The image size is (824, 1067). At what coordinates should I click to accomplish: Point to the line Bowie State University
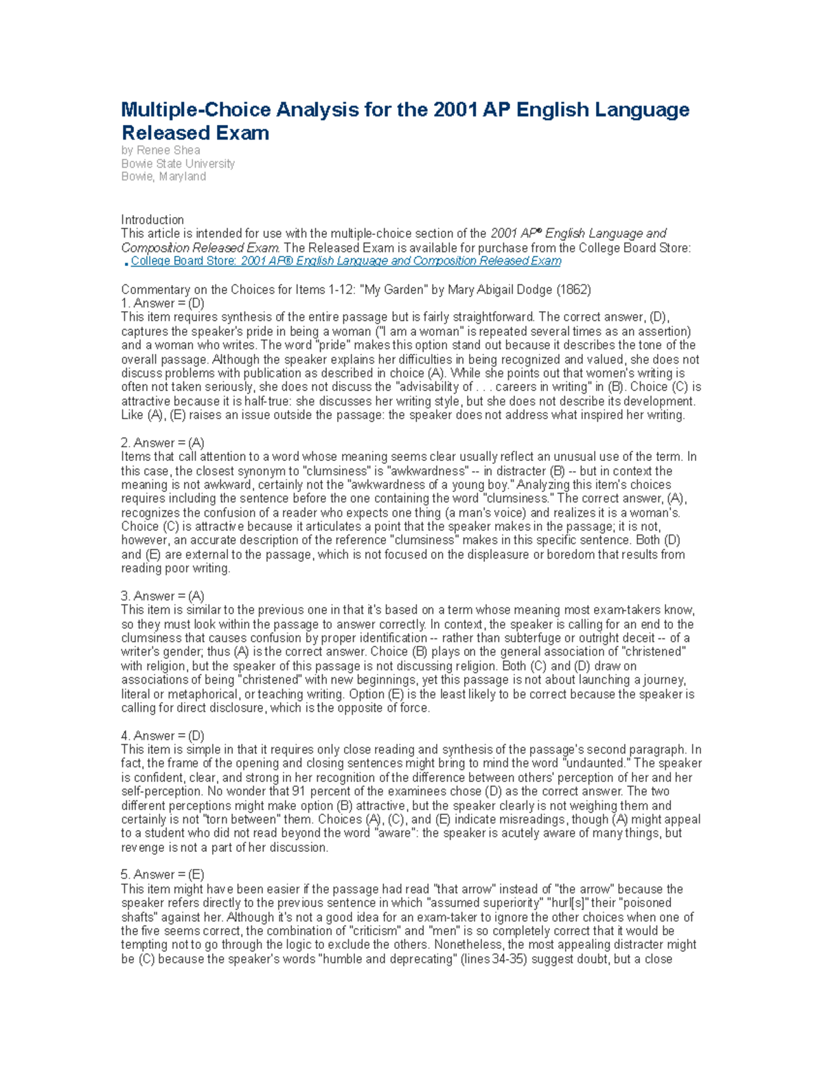pyautogui.click(x=178, y=164)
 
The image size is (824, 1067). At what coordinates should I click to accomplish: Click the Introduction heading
pyautogui.click(x=152, y=220)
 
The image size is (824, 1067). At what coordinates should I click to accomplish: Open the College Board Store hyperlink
pyautogui.click(x=346, y=261)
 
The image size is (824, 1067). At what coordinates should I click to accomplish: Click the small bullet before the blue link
pyautogui.click(x=126, y=263)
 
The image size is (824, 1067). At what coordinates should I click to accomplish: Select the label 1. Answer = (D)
pyautogui.click(x=163, y=303)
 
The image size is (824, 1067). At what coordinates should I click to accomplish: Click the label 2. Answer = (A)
pyautogui.click(x=163, y=443)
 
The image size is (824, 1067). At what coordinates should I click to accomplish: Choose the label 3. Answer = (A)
pyautogui.click(x=163, y=596)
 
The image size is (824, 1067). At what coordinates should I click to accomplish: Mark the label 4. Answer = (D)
pyautogui.click(x=163, y=736)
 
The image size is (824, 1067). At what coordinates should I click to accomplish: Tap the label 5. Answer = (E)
pyautogui.click(x=163, y=875)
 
